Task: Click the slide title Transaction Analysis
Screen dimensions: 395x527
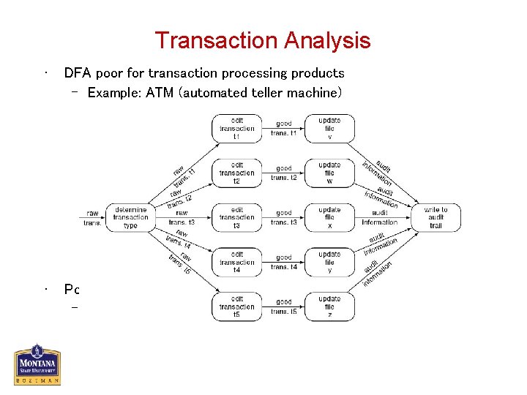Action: [x=263, y=40]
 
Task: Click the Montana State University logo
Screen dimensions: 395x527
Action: [x=37, y=364]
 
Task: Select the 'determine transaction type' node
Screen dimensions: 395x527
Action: [x=130, y=217]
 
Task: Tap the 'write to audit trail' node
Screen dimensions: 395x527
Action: [x=436, y=217]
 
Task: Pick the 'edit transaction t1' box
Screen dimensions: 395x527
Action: [x=236, y=128]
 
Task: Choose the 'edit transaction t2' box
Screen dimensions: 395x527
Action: [x=236, y=173]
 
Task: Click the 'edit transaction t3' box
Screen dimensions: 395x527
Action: [x=236, y=217]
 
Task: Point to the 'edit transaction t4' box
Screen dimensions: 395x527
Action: [x=236, y=262]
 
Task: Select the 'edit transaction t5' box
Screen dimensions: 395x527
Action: [x=236, y=306]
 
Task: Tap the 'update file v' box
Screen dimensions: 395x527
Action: [x=329, y=128]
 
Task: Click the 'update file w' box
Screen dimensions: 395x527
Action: [x=329, y=173]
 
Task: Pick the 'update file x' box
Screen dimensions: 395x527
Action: [x=329, y=217]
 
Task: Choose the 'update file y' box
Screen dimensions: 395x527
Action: [x=329, y=262]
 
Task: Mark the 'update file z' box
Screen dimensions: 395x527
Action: [x=329, y=306]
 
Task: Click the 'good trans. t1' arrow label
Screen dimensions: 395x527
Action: [x=284, y=128]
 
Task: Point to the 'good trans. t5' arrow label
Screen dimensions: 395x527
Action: [x=284, y=306]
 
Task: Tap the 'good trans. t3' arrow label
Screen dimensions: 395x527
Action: [x=284, y=217]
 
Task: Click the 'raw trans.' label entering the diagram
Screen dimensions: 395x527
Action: [x=92, y=218]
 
